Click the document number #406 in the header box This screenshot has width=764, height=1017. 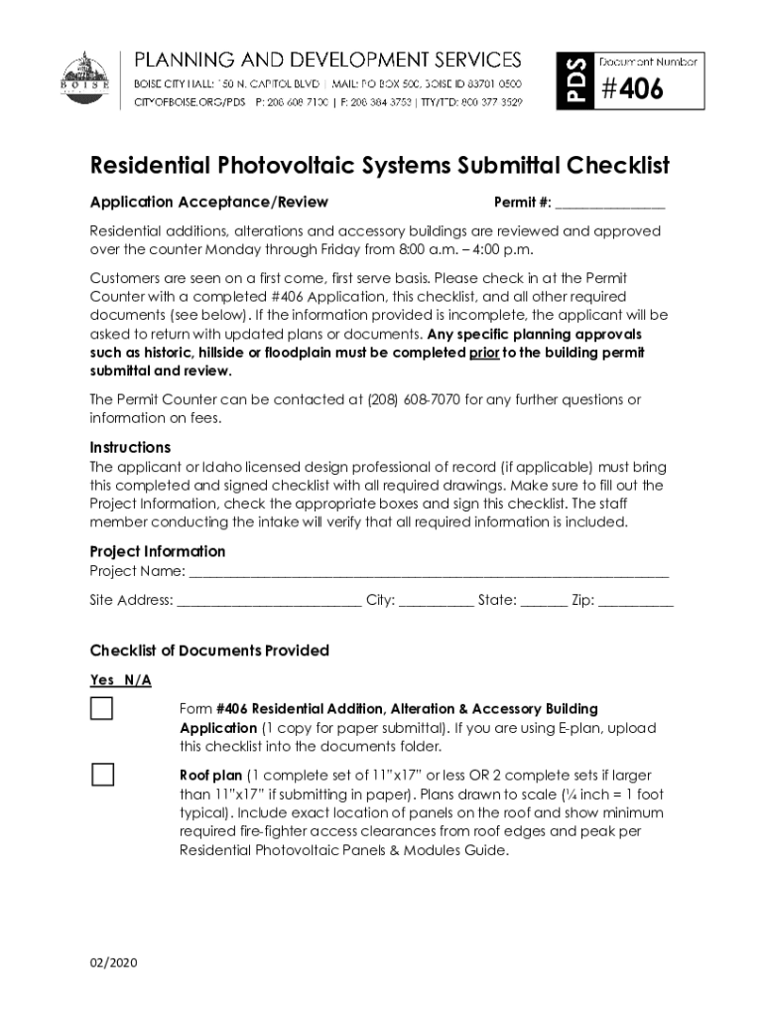631,90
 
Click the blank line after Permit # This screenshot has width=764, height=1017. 609,204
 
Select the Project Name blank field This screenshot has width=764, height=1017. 428,572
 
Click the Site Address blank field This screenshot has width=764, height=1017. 269,601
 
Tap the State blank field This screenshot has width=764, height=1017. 544,601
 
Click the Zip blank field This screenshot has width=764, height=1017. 636,601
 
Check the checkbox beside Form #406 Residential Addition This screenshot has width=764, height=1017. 102,709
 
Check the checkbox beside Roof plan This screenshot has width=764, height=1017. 102,775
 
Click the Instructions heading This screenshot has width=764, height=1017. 130,447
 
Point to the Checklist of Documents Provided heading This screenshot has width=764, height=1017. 209,651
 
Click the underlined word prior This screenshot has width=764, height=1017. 484,353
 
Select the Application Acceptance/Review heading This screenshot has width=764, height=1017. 208,203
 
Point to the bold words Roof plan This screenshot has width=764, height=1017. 210,775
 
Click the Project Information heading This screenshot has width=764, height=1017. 158,551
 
